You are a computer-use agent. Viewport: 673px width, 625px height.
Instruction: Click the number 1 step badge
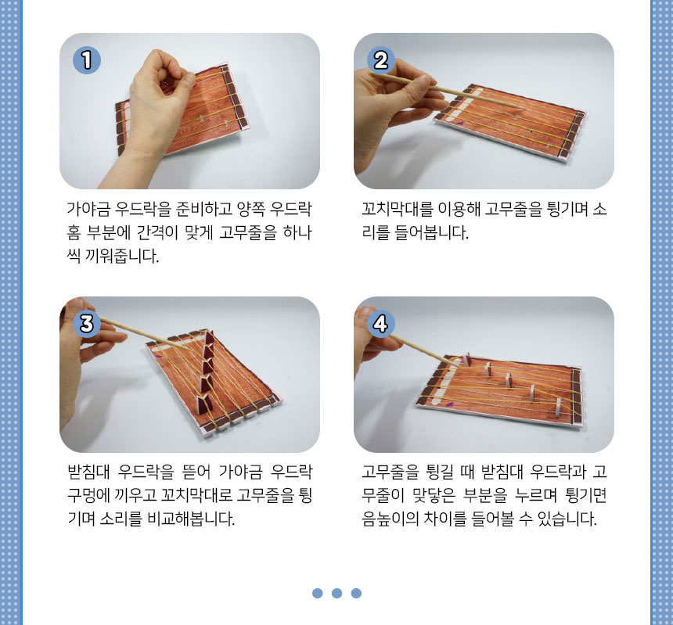(x=87, y=60)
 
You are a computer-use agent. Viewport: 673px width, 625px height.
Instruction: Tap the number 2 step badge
(x=380, y=60)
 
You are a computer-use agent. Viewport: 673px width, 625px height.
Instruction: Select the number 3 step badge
(x=87, y=323)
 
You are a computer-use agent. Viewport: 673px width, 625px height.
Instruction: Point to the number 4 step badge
(x=380, y=323)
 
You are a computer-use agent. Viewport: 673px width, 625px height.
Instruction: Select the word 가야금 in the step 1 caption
(x=89, y=210)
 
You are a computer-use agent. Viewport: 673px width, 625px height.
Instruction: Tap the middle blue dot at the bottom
(x=337, y=593)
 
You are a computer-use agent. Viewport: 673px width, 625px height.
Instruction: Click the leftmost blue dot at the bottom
(x=318, y=593)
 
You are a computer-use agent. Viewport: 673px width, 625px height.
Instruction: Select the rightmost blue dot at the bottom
(x=356, y=593)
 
